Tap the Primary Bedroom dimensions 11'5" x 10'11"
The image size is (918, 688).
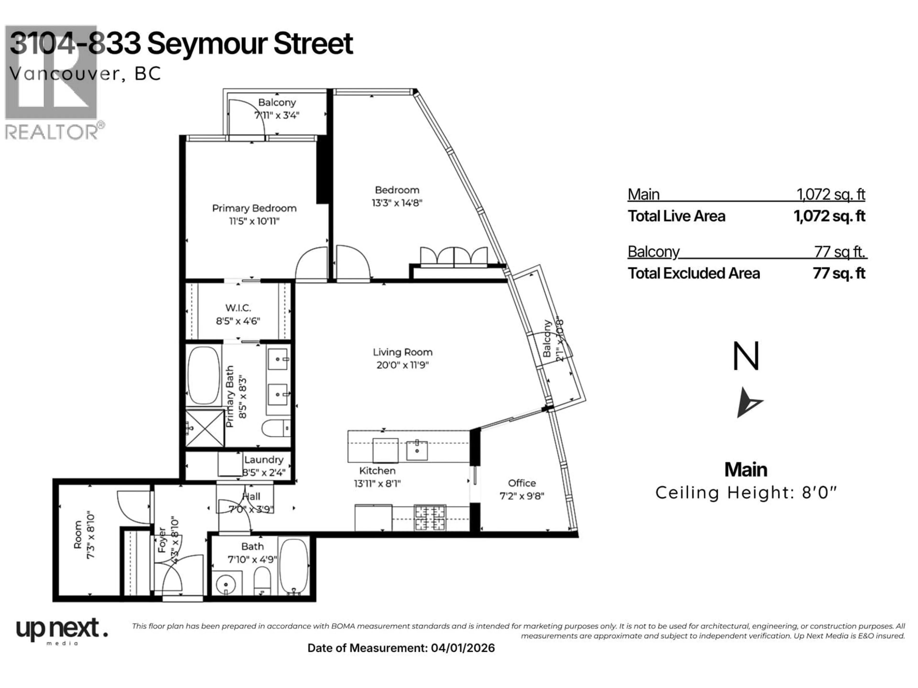[x=254, y=221]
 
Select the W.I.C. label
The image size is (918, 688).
[x=238, y=308]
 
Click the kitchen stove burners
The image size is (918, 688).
[x=430, y=518]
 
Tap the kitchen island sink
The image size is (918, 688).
[x=417, y=450]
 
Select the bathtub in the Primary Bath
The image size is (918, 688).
[x=203, y=375]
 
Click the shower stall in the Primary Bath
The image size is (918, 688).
[x=204, y=428]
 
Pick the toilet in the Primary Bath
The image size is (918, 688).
[x=276, y=428]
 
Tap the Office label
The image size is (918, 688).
[x=522, y=483]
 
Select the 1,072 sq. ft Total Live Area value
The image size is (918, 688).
[x=829, y=216]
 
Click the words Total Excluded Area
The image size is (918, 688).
[x=694, y=273]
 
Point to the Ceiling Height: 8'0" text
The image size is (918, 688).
[x=746, y=493]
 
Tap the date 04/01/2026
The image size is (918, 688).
[x=463, y=648]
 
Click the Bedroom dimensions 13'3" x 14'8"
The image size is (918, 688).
[x=397, y=203]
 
